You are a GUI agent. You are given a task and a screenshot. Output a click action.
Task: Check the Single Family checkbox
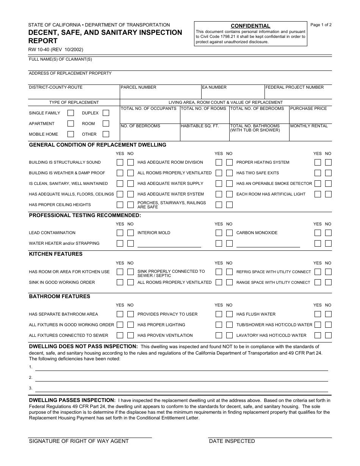[70, 113]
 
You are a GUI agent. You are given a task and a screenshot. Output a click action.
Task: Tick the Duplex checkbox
[106, 113]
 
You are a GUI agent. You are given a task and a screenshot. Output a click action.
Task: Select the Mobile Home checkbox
[70, 134]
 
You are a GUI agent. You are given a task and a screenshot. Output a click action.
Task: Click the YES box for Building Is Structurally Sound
[120, 163]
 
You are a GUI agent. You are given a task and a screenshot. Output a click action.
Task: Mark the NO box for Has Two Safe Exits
[328, 173]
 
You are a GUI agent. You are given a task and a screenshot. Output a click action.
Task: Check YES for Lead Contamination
[120, 233]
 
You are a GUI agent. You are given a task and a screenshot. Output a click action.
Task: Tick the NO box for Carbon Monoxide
[328, 233]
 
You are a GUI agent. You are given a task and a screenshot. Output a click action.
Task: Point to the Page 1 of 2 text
[321, 25]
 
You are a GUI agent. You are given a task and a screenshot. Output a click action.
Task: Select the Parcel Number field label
[138, 87]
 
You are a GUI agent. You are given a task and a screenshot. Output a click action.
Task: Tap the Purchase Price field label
[308, 108]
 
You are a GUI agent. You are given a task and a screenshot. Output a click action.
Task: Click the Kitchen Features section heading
[56, 254]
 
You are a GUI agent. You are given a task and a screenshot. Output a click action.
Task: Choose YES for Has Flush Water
[318, 314]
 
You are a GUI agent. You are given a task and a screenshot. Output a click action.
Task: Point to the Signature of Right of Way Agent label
[79, 441]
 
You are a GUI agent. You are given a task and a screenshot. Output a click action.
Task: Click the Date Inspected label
[232, 441]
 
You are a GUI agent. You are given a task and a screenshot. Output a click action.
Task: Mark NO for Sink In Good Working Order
[130, 282]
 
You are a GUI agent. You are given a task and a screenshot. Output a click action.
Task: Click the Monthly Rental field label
[309, 126]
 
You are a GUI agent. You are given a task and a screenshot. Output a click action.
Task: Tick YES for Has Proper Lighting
[219, 325]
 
